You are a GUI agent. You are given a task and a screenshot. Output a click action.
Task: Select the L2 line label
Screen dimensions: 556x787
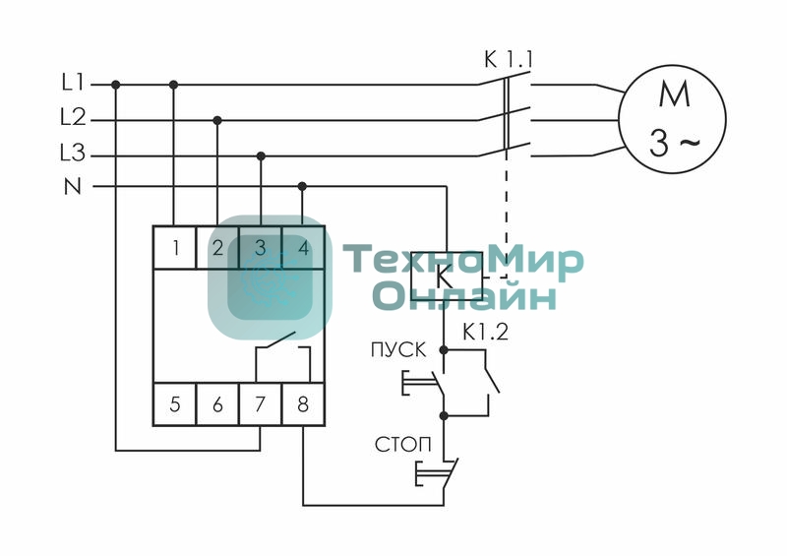coord(73,119)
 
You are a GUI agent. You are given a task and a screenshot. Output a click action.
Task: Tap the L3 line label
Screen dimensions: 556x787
coord(73,154)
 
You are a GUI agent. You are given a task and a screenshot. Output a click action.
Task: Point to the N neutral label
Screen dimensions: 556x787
coord(73,185)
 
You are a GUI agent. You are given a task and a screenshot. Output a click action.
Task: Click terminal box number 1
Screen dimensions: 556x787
coord(175,247)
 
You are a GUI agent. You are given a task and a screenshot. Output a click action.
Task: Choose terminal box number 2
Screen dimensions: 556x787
coord(217,247)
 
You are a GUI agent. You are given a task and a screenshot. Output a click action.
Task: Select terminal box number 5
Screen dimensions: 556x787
coord(175,404)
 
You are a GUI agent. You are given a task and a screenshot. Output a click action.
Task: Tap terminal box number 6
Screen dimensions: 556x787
coord(217,404)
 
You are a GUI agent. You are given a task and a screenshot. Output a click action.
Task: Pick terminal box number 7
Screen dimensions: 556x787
coord(261,404)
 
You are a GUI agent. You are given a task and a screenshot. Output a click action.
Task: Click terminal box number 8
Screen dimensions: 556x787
coord(303,404)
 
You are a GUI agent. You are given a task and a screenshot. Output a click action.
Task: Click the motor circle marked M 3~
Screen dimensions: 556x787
coord(672,121)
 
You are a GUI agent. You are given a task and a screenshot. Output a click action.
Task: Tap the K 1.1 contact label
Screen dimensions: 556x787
coord(508,60)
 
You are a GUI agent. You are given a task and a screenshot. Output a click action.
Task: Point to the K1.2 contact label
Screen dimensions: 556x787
coord(485,333)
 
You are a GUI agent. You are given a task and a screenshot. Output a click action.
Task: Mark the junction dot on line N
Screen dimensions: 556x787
coord(302,185)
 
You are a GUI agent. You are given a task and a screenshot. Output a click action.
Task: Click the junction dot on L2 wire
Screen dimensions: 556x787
coord(217,120)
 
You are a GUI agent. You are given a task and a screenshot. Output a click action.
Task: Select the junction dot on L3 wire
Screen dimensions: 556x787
coord(261,155)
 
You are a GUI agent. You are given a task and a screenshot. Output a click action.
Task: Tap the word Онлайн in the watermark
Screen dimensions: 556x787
coord(464,295)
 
